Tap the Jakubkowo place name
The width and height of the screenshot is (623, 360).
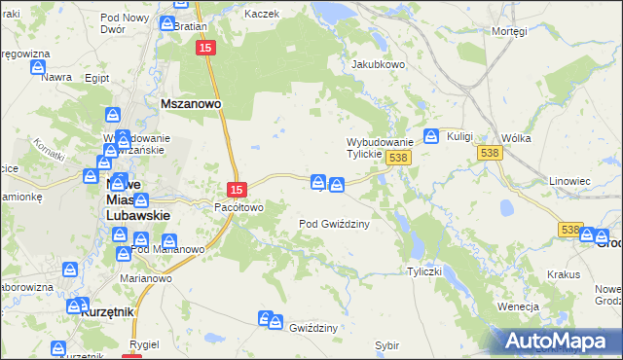[378, 64]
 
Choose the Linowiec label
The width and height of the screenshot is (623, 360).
[569, 181]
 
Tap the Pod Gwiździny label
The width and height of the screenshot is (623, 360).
[333, 223]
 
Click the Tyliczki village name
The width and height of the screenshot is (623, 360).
[425, 271]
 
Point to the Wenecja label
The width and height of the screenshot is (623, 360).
[518, 306]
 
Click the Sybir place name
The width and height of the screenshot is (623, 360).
[386, 344]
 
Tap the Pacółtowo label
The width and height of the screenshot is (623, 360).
[238, 207]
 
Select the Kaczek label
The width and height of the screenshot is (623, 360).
[262, 14]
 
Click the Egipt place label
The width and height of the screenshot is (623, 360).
[96, 77]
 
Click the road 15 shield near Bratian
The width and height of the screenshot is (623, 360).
[204, 48]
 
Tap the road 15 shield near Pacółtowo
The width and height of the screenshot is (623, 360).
[237, 189]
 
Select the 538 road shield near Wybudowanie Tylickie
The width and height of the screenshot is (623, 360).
[395, 157]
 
